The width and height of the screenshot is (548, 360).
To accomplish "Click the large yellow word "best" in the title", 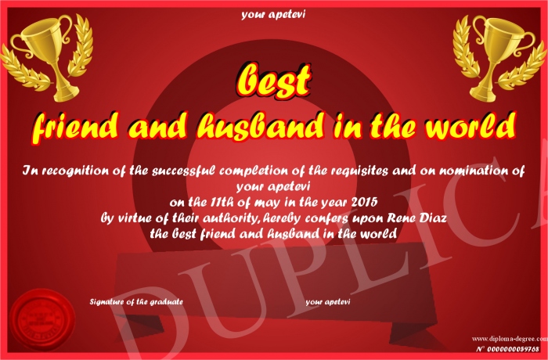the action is pos(274,81).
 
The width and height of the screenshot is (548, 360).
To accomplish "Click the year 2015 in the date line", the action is pos(364,202).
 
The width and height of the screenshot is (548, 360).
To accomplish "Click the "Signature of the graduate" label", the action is pos(136,301).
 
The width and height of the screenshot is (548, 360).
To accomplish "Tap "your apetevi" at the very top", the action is pos(273,15).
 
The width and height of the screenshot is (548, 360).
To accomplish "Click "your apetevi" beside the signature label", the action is pos(328,301).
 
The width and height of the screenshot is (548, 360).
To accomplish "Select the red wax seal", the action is pos(42,319).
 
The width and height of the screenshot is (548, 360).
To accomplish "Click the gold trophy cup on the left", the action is pos(47,56).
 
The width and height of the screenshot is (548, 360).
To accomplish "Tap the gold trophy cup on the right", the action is pos(499,58).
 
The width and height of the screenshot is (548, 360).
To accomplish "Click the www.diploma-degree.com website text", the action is pos(510,338).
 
